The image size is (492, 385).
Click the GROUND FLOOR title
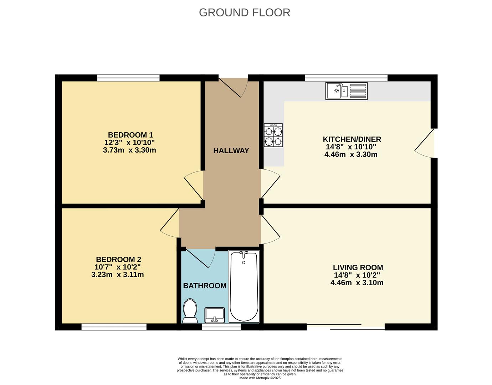click(x=244, y=13)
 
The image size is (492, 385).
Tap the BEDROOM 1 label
click(x=130, y=135)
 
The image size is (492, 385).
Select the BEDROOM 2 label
click(x=118, y=260)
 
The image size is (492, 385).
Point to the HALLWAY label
click(x=231, y=151)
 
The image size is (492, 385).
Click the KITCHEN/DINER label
click(x=352, y=139)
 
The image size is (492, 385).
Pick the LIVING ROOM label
click(x=358, y=267)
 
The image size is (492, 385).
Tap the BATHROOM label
click(x=205, y=286)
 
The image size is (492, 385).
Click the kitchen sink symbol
click(x=347, y=91)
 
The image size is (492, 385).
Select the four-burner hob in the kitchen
click(x=273, y=135)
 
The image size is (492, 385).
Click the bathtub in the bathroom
click(x=244, y=287)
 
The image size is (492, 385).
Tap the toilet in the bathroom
click(x=190, y=311)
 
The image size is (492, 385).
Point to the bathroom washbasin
click(x=215, y=315)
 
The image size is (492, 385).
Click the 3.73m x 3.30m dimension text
click(x=129, y=150)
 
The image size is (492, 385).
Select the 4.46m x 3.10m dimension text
click(x=357, y=283)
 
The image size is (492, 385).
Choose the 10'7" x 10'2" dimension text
click(x=118, y=267)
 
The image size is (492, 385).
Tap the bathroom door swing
click(x=200, y=258)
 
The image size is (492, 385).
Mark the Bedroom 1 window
click(x=128, y=78)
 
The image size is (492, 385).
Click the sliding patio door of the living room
click(x=346, y=327)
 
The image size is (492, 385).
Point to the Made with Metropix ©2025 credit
click(x=260, y=378)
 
